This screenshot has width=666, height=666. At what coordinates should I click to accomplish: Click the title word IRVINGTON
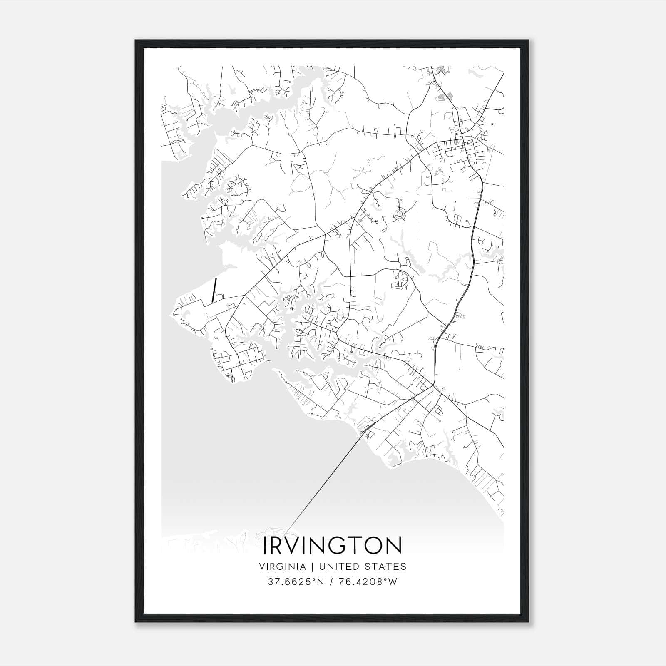tap(333, 546)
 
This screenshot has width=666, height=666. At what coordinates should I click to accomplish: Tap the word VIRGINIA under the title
tap(282, 567)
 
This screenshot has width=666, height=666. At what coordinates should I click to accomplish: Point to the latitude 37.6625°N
tap(296, 582)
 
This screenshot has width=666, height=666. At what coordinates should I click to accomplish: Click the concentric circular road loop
tap(400, 214)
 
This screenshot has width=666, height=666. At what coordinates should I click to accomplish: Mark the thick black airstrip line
tap(214, 291)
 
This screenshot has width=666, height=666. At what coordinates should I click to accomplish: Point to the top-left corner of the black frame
tap(136, 40)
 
